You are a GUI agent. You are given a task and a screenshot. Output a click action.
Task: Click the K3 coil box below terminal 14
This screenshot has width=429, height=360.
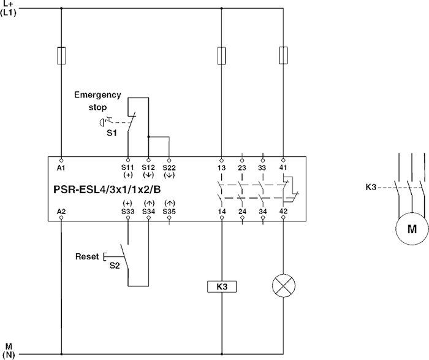(x=221, y=286)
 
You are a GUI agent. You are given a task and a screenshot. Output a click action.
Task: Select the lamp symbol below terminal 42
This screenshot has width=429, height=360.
(x=283, y=286)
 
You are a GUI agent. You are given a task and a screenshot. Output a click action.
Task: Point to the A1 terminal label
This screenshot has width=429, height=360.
(x=61, y=167)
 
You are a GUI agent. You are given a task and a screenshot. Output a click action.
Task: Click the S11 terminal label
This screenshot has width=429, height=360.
(x=127, y=167)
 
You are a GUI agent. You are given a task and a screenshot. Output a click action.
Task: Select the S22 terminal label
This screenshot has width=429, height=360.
(x=169, y=167)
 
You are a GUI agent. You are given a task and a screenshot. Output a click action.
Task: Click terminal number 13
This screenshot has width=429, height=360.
(x=221, y=167)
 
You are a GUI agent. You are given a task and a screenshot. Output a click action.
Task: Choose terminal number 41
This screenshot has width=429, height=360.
(x=283, y=167)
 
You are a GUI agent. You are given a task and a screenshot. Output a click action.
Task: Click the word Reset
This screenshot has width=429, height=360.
(x=86, y=256)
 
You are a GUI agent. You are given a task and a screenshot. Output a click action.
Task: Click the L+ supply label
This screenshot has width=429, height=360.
(x=8, y=4)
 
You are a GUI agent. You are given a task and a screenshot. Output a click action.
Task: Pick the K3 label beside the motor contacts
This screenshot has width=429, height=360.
(x=371, y=186)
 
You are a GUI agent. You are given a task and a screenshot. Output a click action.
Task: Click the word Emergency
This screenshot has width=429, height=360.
(x=97, y=95)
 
